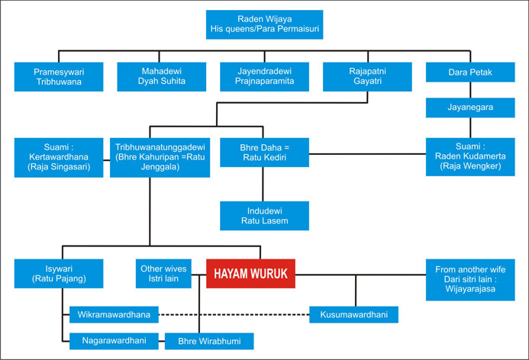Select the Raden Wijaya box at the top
point(264,24)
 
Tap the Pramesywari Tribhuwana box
point(60,77)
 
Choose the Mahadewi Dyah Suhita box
point(162,77)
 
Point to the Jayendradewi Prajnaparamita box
point(264,77)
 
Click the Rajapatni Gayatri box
point(366,77)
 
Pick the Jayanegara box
point(469,108)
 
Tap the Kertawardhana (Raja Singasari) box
point(60,156)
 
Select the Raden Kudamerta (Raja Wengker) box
point(469,156)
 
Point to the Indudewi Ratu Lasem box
point(263,217)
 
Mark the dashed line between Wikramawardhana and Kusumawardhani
point(234,313)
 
